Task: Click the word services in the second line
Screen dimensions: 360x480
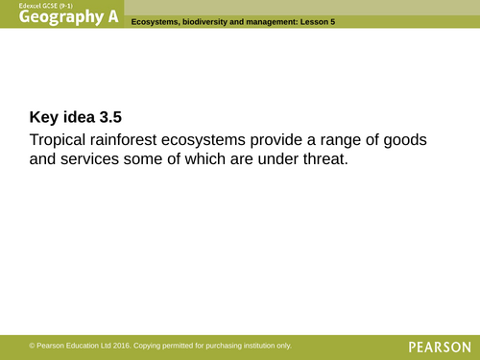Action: (93, 161)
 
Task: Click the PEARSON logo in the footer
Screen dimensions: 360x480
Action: (438, 346)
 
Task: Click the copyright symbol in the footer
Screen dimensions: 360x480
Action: (32, 346)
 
